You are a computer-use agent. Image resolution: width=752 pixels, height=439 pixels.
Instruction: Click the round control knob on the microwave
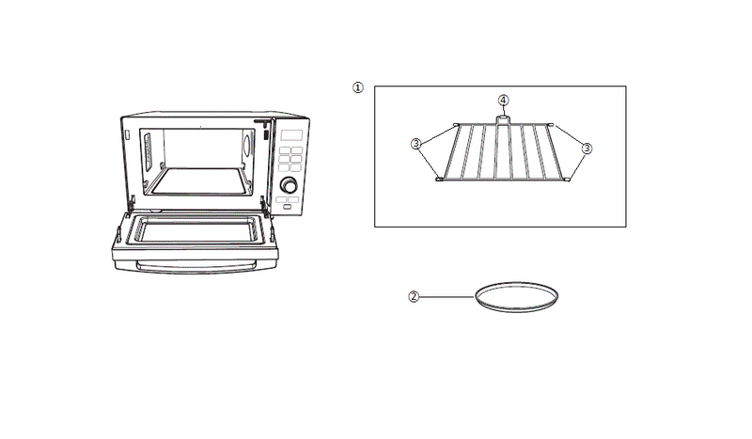tap(289, 184)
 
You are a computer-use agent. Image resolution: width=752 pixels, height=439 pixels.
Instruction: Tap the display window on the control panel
tap(291, 135)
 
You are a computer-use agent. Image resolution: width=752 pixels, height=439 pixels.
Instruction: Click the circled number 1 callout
tap(358, 87)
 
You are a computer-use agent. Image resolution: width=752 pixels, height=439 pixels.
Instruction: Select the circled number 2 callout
tap(414, 297)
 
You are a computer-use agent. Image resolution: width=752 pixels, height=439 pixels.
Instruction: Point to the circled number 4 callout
tap(503, 101)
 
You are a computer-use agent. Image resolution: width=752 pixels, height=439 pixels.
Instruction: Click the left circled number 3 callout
tap(415, 144)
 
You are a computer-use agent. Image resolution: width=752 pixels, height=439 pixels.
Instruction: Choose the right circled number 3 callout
tap(587, 149)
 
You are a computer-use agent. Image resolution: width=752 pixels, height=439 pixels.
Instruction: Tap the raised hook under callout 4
tap(502, 119)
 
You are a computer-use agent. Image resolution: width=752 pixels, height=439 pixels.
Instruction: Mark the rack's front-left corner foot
tap(438, 180)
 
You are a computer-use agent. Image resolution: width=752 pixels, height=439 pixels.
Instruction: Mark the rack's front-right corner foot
tap(568, 179)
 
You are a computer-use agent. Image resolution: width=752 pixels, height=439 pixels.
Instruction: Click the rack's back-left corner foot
tap(456, 124)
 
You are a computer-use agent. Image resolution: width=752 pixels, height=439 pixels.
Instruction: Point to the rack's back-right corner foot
tap(551, 125)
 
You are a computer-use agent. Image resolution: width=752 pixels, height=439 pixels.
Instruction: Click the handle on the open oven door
tap(196, 267)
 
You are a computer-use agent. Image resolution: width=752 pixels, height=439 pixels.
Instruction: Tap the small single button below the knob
tap(287, 207)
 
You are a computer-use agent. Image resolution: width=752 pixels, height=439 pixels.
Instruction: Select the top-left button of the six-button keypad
tap(285, 150)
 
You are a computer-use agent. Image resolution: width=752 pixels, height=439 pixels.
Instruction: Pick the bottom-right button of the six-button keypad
tap(296, 167)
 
